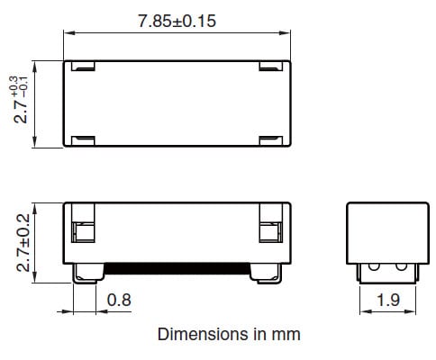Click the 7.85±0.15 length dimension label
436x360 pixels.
tap(177, 21)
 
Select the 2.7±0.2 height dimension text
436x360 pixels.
tap(23, 238)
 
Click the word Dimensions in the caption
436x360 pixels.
tap(196, 334)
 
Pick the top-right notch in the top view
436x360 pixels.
tap(270, 66)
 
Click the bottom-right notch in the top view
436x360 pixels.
tap(270, 139)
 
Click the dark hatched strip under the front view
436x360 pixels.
tap(177, 266)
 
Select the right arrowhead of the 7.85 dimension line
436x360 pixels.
tap(287, 34)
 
